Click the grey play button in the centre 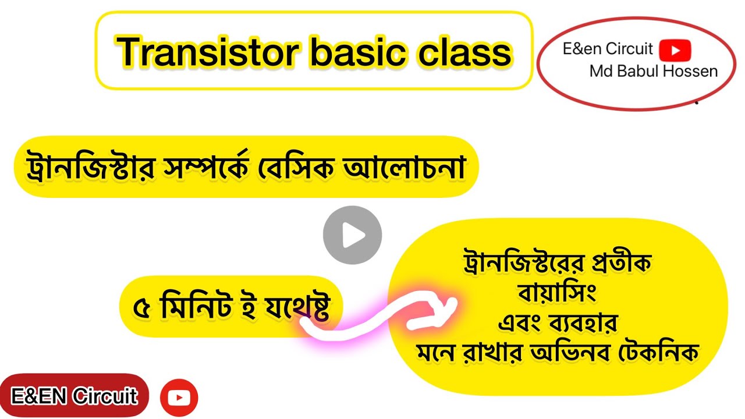coord(352,236)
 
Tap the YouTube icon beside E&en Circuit coord(675,50)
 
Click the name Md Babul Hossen coord(654,72)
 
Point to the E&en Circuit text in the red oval coord(608,49)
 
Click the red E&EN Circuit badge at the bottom coord(74,397)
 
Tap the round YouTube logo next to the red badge coord(179,397)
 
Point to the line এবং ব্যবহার coord(557,322)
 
